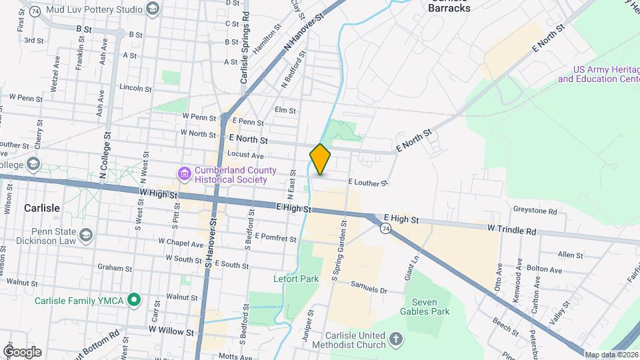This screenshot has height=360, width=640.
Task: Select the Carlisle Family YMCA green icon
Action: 134,301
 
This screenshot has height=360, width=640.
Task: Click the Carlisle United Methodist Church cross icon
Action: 396,340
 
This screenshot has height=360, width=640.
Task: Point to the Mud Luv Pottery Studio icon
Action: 153,9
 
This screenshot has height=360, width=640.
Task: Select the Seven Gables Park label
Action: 425,307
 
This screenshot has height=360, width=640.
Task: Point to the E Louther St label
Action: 368,182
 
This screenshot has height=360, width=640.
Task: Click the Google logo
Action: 22,351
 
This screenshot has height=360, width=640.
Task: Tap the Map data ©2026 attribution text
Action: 611,355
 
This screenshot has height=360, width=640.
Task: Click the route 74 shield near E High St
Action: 385,229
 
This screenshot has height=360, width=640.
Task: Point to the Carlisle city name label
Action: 41,208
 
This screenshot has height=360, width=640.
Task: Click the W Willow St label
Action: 171,331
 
